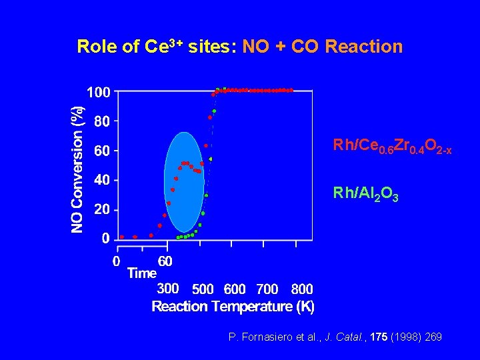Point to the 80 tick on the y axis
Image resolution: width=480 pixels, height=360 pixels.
coord(102,121)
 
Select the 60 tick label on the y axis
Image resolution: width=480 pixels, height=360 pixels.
coord(102,151)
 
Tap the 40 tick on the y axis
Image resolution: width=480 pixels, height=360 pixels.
coord(102,180)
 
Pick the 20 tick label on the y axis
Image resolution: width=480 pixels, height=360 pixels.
coord(102,209)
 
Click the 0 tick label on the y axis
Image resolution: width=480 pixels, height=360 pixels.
coord(105,238)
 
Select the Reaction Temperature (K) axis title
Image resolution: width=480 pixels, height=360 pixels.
coord(233,307)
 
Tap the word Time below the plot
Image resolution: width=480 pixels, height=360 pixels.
coord(141,273)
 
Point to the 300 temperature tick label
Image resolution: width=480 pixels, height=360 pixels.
coord(167,289)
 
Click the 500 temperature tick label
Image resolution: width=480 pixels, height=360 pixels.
coord(203,289)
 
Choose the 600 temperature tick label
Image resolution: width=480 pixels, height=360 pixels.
coord(235,289)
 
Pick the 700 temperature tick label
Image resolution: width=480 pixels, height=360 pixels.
coord(267,289)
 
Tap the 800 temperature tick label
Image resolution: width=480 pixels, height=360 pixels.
coord(302,289)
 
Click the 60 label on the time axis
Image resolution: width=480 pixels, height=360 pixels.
coord(165,261)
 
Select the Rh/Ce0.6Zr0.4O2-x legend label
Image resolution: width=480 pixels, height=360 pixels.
coord(393,146)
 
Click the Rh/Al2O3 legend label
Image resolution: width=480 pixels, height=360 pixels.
coord(366,195)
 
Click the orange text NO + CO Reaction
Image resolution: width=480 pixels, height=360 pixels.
coord(323,47)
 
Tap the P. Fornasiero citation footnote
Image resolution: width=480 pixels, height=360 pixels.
coord(335,337)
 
